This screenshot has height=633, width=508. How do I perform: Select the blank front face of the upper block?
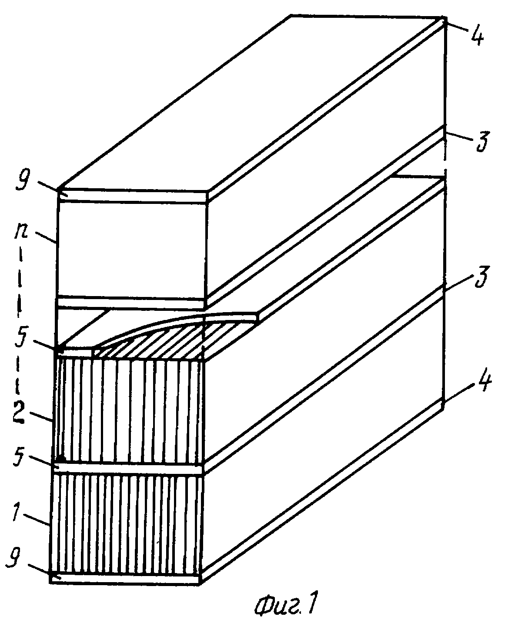point(131,250)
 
